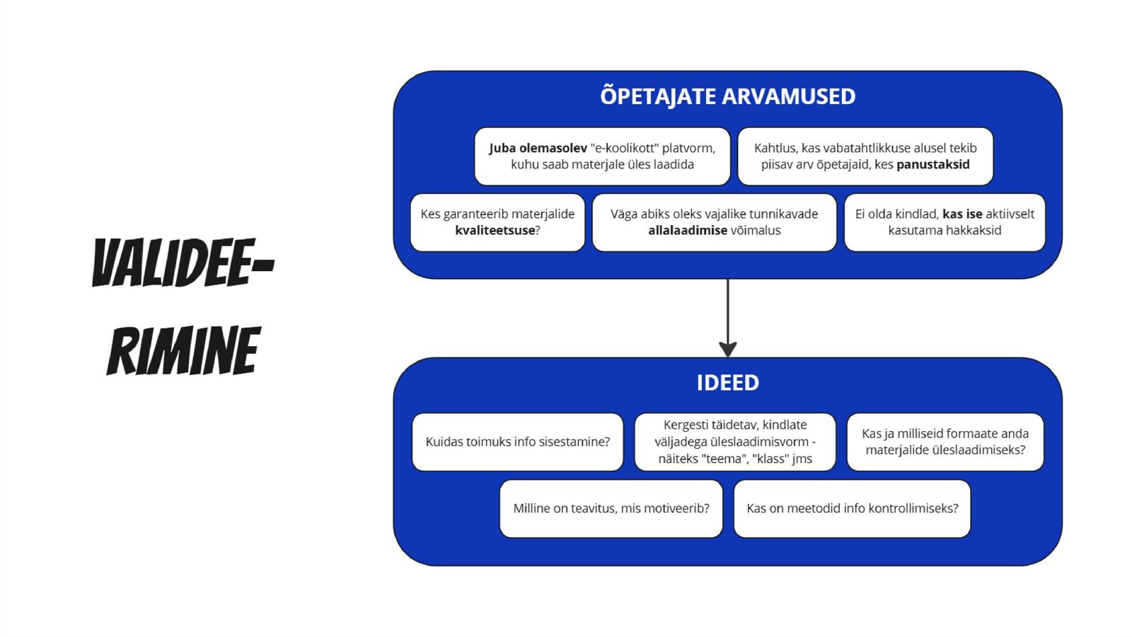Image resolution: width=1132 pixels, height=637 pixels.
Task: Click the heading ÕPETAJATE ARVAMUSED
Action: tap(727, 96)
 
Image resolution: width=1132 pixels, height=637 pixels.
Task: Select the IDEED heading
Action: tap(727, 383)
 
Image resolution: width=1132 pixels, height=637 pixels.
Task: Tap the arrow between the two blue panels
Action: tap(727, 318)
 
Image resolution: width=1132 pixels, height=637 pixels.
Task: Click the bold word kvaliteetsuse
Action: tap(495, 231)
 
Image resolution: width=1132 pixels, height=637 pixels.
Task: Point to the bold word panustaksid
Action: tap(932, 165)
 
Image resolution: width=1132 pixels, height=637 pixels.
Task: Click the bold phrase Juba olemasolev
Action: tap(538, 149)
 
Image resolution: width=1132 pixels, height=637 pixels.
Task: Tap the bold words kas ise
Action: tap(962, 214)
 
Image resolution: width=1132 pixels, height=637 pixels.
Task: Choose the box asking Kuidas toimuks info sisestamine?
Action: tap(517, 442)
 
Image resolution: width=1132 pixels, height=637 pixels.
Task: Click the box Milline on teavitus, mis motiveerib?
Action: tap(611, 508)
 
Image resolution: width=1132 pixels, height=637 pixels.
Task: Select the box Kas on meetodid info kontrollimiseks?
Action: tap(852, 508)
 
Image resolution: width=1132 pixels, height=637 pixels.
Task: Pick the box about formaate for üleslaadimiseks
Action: tap(945, 442)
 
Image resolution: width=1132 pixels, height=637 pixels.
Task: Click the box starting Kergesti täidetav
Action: tap(734, 442)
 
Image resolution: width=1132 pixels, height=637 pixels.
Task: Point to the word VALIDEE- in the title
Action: tap(183, 263)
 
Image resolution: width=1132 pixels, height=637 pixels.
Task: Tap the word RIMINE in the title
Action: tap(183, 351)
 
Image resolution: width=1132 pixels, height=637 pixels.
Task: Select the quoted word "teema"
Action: tap(721, 459)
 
